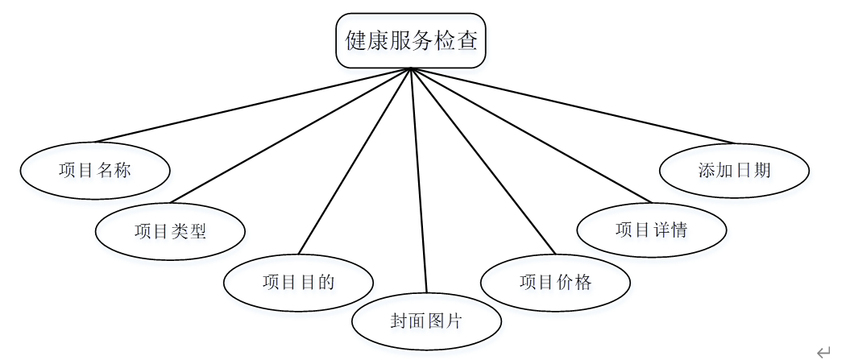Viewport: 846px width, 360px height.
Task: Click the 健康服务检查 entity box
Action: coord(411,40)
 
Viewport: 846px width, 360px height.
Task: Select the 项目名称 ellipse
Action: coord(95,170)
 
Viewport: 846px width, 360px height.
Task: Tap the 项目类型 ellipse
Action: coord(170,231)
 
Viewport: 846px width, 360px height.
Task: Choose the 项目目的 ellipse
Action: coord(298,282)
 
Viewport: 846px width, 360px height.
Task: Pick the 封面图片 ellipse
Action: coord(426,321)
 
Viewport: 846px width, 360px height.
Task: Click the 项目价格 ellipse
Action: coord(555,282)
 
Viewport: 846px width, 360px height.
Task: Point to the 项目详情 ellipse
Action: coord(651,230)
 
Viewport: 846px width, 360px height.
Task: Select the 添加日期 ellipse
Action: coord(734,170)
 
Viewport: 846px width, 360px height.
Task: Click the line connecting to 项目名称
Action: coord(253,105)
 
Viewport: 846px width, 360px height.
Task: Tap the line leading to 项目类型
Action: coord(290,135)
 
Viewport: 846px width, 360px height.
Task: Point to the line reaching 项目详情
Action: coord(531,135)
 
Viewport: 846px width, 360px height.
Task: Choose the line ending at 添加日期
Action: coord(572,105)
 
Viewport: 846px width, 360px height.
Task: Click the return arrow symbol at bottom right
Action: coord(823,351)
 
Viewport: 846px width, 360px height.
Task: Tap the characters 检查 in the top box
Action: coord(457,40)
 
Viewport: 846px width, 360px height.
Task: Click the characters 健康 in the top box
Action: coord(365,40)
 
